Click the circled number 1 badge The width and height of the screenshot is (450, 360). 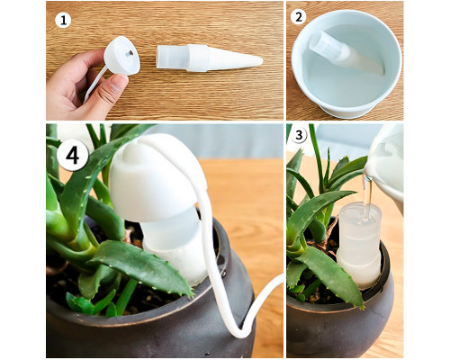tap(63, 21)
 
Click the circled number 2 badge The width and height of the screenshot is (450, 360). tap(298, 17)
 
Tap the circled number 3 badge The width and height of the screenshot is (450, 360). tap(299, 135)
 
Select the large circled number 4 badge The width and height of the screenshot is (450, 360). tap(73, 156)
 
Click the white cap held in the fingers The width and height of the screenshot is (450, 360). tap(121, 56)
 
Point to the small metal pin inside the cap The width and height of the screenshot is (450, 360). tap(129, 53)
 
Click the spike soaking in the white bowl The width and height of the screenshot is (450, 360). tap(345, 52)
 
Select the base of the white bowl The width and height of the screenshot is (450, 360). tap(347, 111)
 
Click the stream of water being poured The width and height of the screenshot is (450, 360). tap(368, 195)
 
